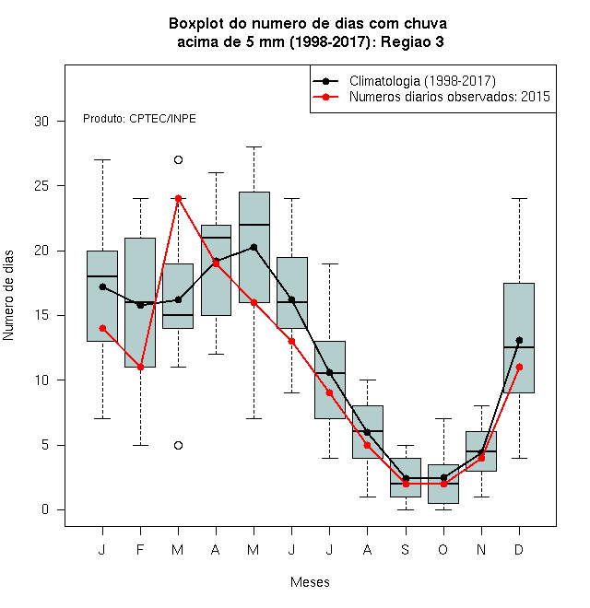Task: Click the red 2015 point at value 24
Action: click(x=178, y=199)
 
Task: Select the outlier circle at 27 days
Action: click(x=178, y=159)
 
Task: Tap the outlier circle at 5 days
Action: click(x=178, y=445)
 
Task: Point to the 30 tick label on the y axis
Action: click(x=41, y=122)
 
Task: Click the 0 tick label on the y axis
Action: click(x=45, y=509)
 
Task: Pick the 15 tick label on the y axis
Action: click(x=41, y=315)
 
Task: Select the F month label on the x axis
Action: click(x=140, y=549)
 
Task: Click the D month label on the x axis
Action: click(x=519, y=549)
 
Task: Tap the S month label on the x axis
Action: click(x=406, y=549)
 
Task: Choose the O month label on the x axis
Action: click(x=442, y=549)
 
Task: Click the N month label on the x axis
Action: click(x=481, y=549)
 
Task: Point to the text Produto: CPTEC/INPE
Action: click(x=139, y=119)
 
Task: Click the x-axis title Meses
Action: click(x=310, y=582)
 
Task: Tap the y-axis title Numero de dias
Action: click(x=8, y=296)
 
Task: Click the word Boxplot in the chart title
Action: click(x=196, y=24)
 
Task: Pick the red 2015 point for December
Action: click(x=519, y=367)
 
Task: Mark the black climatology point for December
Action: click(x=519, y=341)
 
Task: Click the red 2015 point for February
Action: click(x=140, y=367)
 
